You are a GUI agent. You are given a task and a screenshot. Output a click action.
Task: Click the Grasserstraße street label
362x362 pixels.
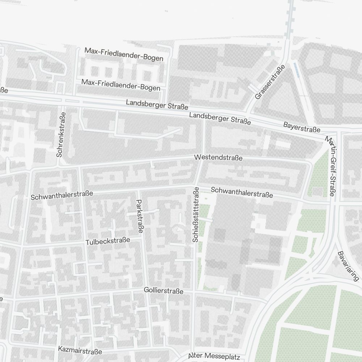click(270, 82)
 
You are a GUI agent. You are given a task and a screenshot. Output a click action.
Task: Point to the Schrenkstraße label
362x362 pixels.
click(62, 134)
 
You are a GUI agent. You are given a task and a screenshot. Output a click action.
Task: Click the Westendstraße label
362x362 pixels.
click(218, 158)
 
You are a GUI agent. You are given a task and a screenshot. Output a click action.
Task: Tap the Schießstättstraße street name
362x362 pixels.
click(196, 214)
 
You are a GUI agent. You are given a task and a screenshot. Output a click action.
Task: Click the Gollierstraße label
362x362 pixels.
click(163, 291)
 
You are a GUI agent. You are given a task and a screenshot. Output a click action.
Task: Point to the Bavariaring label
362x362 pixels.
click(348, 266)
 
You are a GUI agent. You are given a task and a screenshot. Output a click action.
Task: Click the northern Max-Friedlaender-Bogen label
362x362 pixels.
click(124, 54)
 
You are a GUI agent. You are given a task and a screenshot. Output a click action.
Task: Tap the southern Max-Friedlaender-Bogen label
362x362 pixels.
click(121, 85)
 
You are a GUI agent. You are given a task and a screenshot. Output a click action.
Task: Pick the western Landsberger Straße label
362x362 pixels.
click(157, 105)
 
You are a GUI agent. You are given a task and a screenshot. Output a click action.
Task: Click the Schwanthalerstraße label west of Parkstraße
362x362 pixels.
click(62, 195)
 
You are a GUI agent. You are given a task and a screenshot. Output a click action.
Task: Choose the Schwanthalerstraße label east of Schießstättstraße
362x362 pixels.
click(242, 192)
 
